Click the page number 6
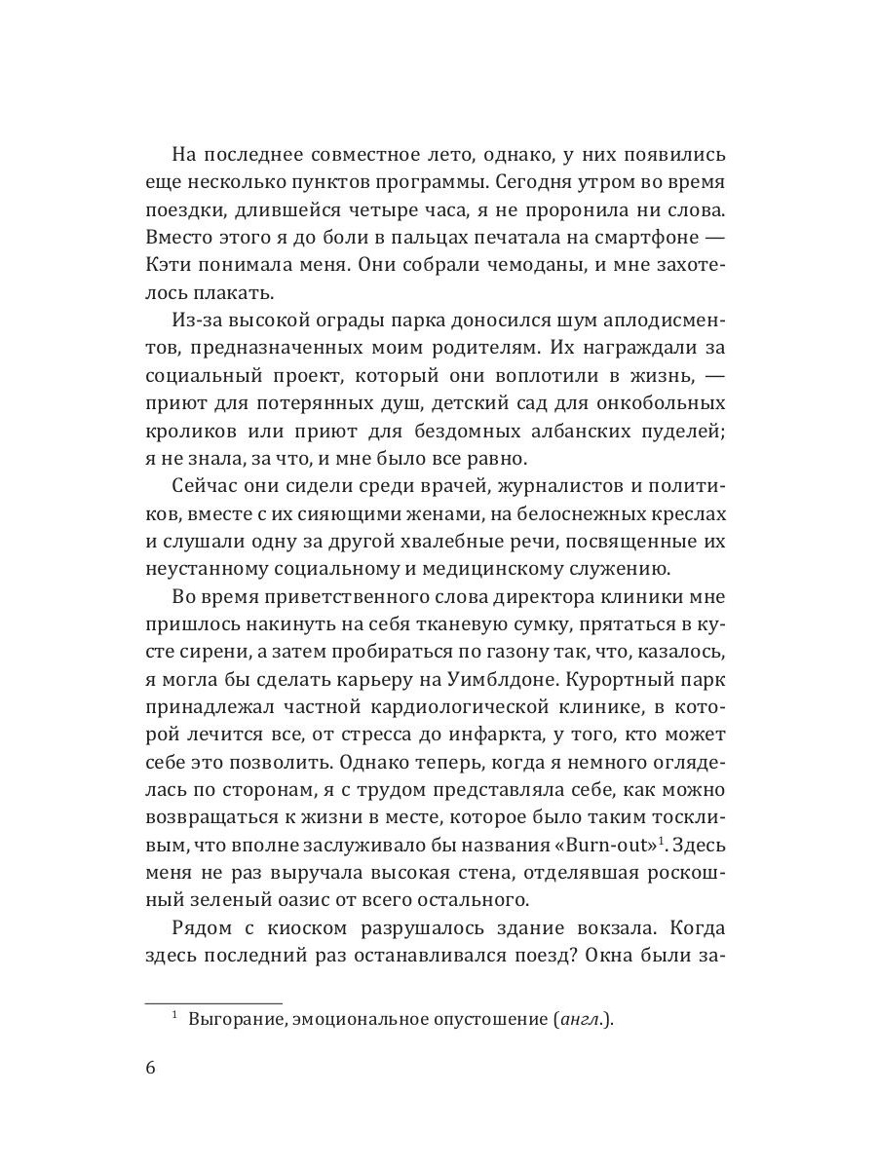click(x=150, y=1067)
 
